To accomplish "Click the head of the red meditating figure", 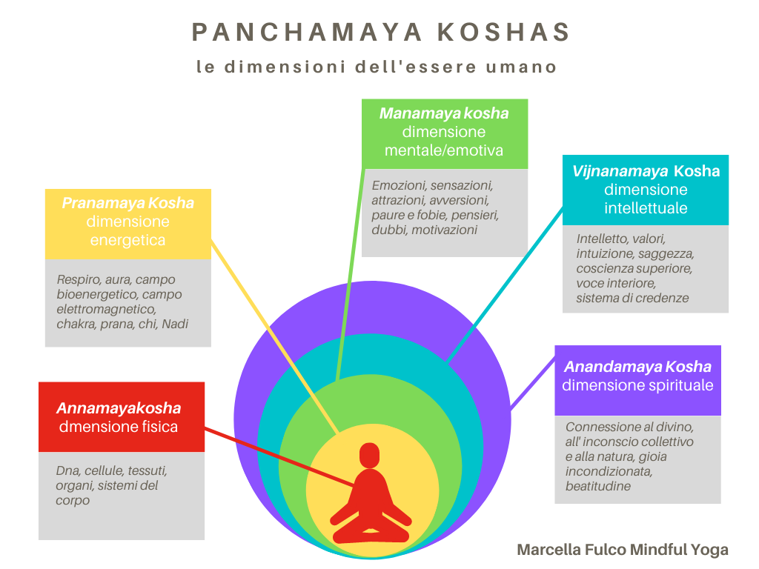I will coord(368,456).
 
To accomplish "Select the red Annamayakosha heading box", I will coord(121,416).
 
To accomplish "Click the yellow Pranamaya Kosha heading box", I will coord(127,222).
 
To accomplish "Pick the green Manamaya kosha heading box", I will coord(444,133).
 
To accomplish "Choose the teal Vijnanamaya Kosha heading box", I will coord(645,189).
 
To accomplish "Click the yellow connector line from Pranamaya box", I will coord(274,333).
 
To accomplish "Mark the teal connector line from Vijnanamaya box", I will coord(504,282).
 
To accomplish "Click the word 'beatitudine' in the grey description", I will coord(598,486).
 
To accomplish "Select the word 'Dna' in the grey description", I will coord(67,470).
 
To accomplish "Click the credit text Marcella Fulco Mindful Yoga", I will coord(623,550).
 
